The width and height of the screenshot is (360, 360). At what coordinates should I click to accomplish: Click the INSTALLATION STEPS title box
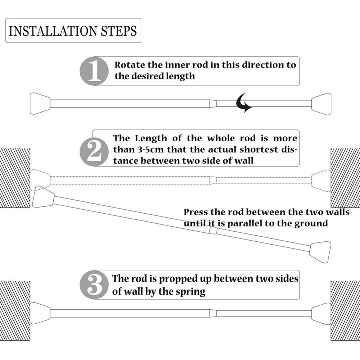[x=73, y=31]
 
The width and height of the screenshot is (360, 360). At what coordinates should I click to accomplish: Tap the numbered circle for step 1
[x=94, y=71]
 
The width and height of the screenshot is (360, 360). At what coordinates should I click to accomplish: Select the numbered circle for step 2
[x=94, y=152]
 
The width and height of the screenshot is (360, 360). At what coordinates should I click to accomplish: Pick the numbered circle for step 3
[x=94, y=285]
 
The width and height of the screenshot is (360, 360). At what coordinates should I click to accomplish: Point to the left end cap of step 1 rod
[x=40, y=104]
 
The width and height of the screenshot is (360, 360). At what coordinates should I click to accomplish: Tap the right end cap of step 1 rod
[x=321, y=104]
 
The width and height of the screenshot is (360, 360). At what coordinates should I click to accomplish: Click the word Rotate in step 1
[x=130, y=65]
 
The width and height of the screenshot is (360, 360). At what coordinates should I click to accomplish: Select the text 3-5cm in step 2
[x=151, y=150]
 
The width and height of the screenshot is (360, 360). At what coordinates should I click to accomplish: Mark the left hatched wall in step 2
[x=15, y=178]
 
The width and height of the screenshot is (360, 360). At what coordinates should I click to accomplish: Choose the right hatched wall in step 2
[x=345, y=178]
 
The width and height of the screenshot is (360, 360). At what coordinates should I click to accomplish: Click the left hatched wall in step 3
[x=15, y=310]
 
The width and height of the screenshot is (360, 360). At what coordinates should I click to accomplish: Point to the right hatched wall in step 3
[x=345, y=310]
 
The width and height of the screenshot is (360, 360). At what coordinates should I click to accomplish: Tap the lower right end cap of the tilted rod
[x=320, y=252]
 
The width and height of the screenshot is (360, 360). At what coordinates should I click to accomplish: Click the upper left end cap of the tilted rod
[x=43, y=197]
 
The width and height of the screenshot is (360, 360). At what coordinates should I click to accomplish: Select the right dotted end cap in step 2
[x=321, y=181]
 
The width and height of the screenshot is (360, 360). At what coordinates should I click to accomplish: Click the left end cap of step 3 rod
[x=40, y=313]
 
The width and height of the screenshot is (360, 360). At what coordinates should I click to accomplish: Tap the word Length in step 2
[x=151, y=138]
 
